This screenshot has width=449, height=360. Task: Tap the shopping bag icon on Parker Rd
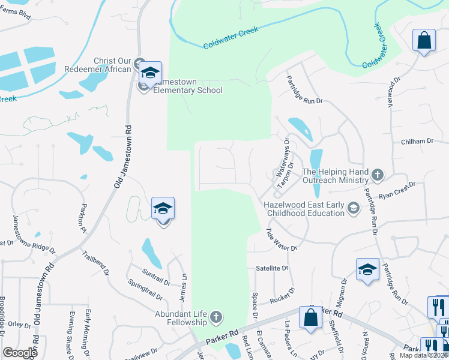point(311,317)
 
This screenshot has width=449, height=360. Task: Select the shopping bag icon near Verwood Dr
point(424,41)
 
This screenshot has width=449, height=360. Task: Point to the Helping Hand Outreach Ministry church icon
point(378,175)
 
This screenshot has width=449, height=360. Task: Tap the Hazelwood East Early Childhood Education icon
point(354,208)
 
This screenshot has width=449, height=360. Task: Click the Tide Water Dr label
point(282,239)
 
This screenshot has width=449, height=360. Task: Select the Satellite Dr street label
point(272,268)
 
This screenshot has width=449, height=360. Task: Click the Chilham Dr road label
point(417,141)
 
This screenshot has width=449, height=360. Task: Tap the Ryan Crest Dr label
point(397,190)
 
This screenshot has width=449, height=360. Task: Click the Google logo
point(20,353)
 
